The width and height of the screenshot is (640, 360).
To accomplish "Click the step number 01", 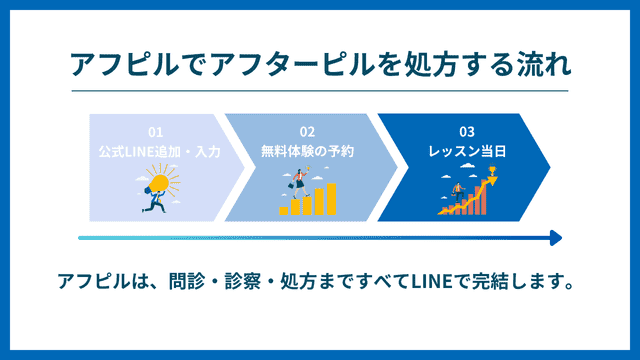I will click(155, 132).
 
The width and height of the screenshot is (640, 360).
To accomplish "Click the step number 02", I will click(307, 132).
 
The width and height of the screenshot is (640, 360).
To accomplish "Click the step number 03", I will click(466, 132).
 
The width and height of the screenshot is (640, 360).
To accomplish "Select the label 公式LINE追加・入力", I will click(158, 151).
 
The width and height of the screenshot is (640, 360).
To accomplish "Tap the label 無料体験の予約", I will click(308, 151).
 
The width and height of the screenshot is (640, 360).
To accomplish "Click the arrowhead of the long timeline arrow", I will click(555, 238).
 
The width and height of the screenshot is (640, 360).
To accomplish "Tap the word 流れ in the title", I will click(547, 64).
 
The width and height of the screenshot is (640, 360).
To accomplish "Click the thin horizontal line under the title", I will click(319, 91).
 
